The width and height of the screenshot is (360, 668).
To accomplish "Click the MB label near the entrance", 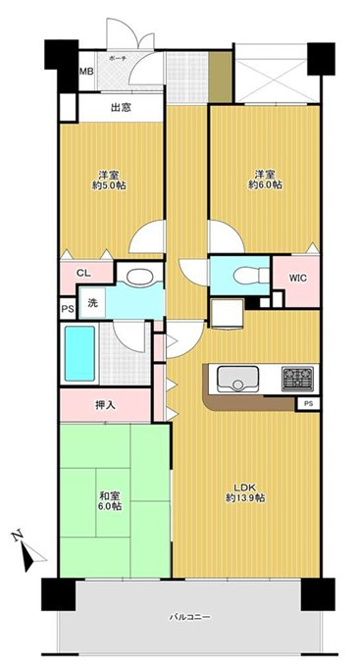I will [86, 73].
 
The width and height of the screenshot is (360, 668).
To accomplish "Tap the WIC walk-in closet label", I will [297, 278].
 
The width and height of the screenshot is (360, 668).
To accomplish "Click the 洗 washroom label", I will [90, 303].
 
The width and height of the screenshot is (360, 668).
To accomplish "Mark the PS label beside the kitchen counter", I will [307, 402].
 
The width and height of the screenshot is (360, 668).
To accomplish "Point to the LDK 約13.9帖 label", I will [244, 490].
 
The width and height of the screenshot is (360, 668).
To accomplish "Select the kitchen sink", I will [235, 379].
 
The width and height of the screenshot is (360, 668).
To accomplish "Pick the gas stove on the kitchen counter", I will [295, 378].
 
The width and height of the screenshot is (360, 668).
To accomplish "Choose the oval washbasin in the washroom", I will [137, 277].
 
